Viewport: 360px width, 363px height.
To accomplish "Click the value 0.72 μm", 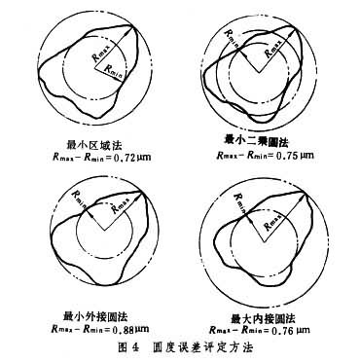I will click(x=132, y=155).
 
